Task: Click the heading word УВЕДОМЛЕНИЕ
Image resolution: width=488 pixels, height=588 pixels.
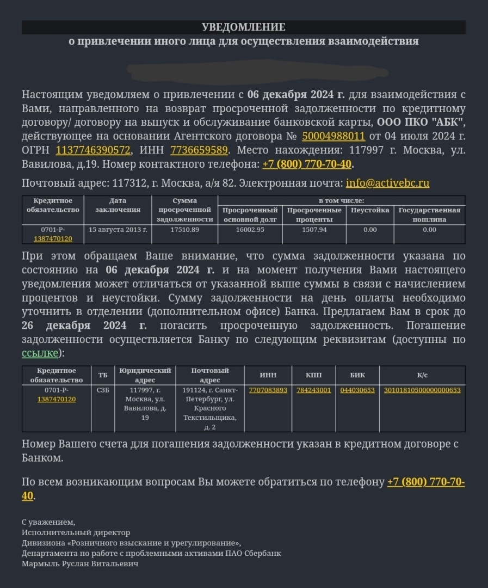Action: click(x=243, y=27)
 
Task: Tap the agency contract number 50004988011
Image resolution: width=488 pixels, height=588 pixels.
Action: click(x=333, y=136)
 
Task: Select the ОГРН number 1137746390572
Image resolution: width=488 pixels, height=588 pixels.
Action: click(x=93, y=150)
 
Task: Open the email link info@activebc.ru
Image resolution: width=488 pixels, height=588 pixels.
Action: click(x=387, y=183)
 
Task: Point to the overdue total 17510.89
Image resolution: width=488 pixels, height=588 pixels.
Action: click(x=184, y=230)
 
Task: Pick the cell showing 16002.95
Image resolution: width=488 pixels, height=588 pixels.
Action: click(x=250, y=230)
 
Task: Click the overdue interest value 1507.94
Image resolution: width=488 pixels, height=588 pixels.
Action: click(x=314, y=230)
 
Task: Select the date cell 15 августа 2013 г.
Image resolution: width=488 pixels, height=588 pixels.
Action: click(x=118, y=230)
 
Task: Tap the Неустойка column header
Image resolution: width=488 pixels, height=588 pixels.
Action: click(x=370, y=210)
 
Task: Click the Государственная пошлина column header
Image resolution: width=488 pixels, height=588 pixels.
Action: click(x=429, y=215)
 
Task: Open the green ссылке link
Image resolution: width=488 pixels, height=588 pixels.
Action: click(x=40, y=353)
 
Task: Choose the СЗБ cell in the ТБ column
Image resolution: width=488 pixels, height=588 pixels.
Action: click(x=102, y=390)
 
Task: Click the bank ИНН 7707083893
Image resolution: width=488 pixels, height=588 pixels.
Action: click(x=268, y=390)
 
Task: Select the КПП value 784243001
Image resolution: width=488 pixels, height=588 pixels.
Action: click(x=313, y=390)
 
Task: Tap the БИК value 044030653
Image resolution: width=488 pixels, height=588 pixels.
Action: click(x=357, y=390)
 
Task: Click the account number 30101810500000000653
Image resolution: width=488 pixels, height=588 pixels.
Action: click(x=422, y=390)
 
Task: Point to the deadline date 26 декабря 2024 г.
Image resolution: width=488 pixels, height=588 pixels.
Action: click(x=84, y=326)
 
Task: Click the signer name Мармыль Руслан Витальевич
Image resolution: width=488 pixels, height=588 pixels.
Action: click(x=80, y=563)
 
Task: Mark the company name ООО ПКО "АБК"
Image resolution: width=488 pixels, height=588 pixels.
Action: click(x=421, y=122)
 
